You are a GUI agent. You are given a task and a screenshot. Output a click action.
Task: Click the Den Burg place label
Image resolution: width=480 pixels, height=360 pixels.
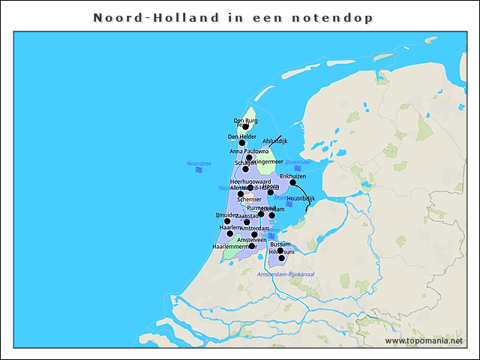tap(245, 120)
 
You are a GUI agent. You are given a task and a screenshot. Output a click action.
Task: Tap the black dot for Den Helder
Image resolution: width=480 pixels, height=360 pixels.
tap(242, 143)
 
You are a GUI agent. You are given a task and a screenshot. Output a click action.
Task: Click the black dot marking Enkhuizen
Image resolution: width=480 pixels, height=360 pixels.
tap(293, 182)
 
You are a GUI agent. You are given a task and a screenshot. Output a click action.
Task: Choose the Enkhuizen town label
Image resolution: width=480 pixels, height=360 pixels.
tap(293, 176)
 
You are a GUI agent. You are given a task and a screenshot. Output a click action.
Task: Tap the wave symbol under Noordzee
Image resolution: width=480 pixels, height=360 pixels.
tap(199, 171)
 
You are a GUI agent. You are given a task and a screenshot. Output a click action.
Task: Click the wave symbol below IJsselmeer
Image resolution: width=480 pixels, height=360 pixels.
tap(298, 169)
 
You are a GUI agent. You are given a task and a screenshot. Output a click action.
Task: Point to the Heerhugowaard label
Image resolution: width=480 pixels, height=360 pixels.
tap(250, 181)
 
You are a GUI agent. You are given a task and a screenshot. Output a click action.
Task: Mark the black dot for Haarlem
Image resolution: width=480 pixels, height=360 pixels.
tap(230, 234)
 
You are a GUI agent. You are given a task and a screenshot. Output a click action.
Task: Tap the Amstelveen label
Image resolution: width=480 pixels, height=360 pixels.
tap(252, 239)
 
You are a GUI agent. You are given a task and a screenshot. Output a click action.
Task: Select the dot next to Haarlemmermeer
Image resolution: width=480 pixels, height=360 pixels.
tap(252, 246)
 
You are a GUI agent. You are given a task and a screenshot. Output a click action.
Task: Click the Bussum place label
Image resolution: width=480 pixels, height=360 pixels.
tap(280, 244)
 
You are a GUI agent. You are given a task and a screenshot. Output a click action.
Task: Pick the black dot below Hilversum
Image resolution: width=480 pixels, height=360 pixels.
tap(282, 259)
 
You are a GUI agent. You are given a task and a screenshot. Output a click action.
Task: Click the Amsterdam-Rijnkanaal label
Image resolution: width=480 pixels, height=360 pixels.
tap(285, 274)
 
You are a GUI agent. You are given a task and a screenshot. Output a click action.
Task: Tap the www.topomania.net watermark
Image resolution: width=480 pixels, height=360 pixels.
tap(424, 340)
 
